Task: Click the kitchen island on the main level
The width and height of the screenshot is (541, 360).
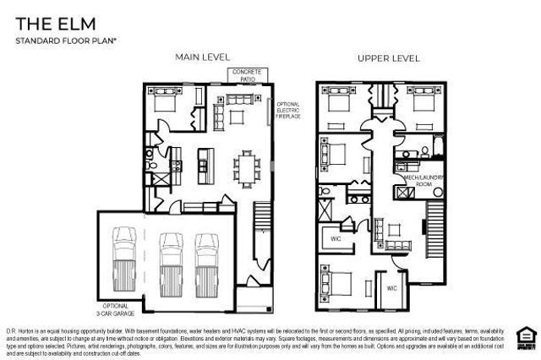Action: (x=204, y=159)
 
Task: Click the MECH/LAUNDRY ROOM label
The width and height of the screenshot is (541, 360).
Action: (x=414, y=181)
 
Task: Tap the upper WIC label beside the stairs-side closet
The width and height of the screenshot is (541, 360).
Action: (x=336, y=238)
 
